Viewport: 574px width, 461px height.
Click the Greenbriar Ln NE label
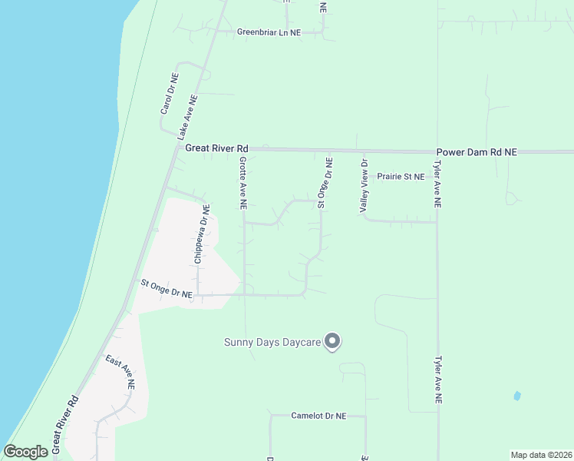pyautogui.click(x=269, y=33)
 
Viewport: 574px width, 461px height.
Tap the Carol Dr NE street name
pyautogui.click(x=170, y=94)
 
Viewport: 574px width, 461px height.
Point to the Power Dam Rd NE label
pyautogui.click(x=477, y=153)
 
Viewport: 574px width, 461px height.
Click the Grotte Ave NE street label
pyautogui.click(x=242, y=184)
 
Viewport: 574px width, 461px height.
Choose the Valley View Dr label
pyautogui.click(x=365, y=186)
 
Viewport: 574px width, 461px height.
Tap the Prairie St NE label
pyautogui.click(x=401, y=177)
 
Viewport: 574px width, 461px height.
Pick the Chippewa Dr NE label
pyautogui.click(x=201, y=234)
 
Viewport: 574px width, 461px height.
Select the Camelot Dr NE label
pyautogui.click(x=318, y=416)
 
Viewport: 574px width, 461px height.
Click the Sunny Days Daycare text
pyautogui.click(x=272, y=342)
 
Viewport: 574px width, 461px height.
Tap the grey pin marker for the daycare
pyautogui.click(x=332, y=341)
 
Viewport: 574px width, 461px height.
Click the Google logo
pyautogui.click(x=25, y=452)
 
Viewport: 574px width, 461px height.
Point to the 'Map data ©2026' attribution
pyautogui.click(x=541, y=455)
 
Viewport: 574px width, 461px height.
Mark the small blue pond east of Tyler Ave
pyautogui.click(x=516, y=396)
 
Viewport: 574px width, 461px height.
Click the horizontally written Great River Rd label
pyautogui.click(x=217, y=148)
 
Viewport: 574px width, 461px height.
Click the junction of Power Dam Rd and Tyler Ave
pyautogui.click(x=438, y=152)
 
